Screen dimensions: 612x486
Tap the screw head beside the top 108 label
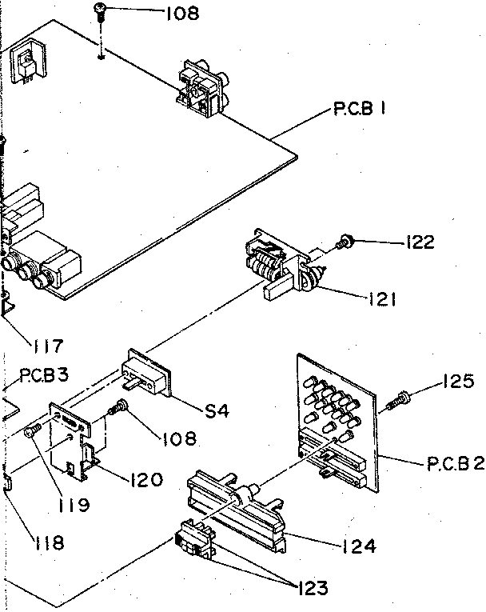(x=101, y=10)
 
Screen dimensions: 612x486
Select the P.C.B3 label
(x=43, y=374)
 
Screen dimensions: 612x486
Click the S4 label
(x=217, y=411)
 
